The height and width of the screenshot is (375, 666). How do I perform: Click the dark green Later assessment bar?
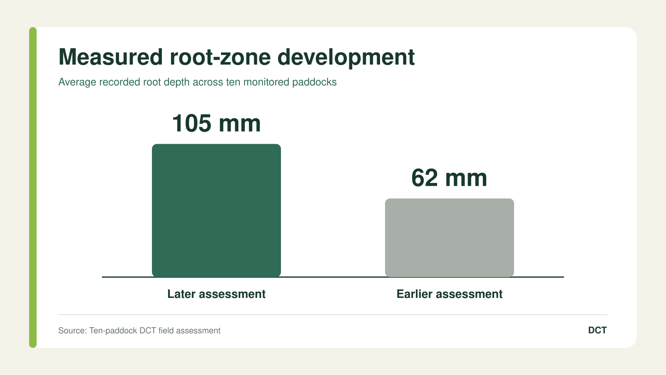tap(216, 210)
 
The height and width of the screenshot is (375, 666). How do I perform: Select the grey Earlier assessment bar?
tap(450, 238)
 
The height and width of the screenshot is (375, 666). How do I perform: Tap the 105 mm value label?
tap(216, 123)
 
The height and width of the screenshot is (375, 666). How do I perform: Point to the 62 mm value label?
tap(449, 178)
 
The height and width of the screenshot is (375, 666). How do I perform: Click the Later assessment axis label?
tap(216, 294)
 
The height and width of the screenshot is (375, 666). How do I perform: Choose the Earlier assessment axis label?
tap(450, 294)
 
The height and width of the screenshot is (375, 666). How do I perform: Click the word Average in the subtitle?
tap(77, 82)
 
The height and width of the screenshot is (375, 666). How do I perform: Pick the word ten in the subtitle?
tap(233, 82)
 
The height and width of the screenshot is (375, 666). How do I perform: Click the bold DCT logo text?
tap(597, 330)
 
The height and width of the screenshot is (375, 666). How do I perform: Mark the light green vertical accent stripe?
tap(33, 187)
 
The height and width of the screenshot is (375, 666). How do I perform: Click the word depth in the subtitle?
tap(176, 82)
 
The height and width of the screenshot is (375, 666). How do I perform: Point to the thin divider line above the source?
tap(333, 315)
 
